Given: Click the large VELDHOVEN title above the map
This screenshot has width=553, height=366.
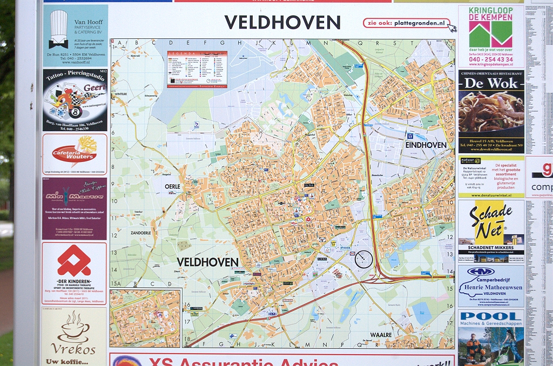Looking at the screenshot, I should [282, 22].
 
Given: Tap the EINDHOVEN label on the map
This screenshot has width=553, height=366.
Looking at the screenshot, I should [426, 145].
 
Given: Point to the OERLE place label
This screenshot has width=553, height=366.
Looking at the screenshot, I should [172, 186].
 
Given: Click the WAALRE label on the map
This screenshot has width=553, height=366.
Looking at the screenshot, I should [380, 335].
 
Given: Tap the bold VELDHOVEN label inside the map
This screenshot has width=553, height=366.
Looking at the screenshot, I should [207, 262].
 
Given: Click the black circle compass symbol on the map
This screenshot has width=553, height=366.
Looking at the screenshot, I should [363, 259].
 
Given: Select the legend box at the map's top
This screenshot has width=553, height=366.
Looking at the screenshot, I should [197, 69].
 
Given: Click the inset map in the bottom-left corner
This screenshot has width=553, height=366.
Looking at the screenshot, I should [145, 318].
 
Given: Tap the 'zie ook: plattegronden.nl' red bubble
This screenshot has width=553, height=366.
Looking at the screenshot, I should [407, 23].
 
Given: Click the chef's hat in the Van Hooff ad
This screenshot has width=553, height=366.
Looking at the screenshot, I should [58, 29].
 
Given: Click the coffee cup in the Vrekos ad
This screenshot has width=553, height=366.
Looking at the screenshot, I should [74, 327].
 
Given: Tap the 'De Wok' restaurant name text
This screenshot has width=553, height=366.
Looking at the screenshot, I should [491, 83].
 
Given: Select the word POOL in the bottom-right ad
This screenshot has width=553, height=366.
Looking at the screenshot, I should [491, 316].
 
